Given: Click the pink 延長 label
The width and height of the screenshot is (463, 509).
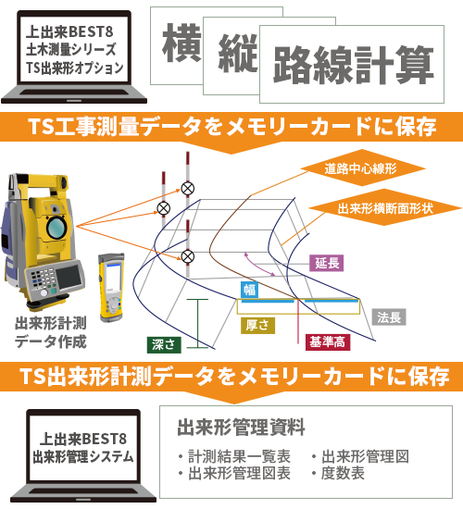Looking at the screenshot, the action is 326,263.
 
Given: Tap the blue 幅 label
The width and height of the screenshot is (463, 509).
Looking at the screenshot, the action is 249,290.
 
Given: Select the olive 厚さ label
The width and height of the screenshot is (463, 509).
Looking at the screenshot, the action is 257,325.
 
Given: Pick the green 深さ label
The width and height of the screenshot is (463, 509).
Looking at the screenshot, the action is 164,345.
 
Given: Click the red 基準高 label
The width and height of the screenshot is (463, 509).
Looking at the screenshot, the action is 328,342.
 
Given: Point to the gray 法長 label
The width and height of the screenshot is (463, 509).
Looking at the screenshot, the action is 389,317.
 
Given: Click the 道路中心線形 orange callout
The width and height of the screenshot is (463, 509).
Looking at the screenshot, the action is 362,168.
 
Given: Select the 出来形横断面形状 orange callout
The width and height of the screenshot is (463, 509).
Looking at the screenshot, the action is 384,208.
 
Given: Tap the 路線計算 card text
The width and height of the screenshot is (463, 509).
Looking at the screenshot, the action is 354,65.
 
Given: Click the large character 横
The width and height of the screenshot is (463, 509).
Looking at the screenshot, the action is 181,43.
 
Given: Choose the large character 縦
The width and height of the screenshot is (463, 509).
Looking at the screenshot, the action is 238,53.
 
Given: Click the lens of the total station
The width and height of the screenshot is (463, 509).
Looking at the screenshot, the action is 56,228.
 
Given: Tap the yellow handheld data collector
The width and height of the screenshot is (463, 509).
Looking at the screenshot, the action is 111,288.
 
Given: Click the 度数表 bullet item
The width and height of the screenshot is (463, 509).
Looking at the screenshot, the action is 338,473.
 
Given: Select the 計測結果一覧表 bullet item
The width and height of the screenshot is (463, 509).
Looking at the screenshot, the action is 234,456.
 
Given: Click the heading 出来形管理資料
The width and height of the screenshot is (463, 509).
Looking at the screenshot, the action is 241,427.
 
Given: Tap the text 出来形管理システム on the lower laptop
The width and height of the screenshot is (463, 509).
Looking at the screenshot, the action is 83,457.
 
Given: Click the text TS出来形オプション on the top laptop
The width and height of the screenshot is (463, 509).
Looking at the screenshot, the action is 75,68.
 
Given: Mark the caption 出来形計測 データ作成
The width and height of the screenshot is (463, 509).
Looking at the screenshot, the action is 51,332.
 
